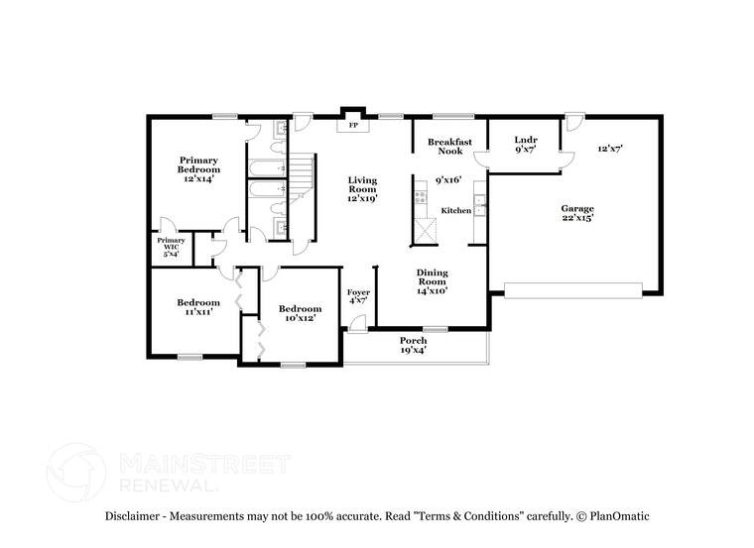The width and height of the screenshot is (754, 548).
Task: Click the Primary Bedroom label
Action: pos(198,164)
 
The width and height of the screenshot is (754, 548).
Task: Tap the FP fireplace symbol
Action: pos(352,126)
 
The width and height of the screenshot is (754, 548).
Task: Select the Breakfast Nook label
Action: pos(449,147)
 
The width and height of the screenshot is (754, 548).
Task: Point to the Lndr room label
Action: pos(526,147)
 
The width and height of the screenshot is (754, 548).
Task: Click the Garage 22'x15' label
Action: pos(577,213)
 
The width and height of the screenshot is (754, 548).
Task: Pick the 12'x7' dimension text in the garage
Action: pos(610,149)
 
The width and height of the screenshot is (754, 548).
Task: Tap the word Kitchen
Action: pos(455,210)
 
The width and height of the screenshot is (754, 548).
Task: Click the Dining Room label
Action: pos(432,281)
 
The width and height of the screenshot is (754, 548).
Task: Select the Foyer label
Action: pos(358,297)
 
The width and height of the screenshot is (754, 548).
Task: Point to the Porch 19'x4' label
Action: pos(413,345)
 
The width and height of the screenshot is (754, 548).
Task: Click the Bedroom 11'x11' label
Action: pos(198,307)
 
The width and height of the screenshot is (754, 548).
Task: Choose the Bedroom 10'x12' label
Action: pos(300,313)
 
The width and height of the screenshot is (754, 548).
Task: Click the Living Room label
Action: pos(362,188)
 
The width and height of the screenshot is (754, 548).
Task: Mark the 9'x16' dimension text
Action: pos(449,180)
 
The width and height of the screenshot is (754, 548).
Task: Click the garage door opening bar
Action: pos(572,289)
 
